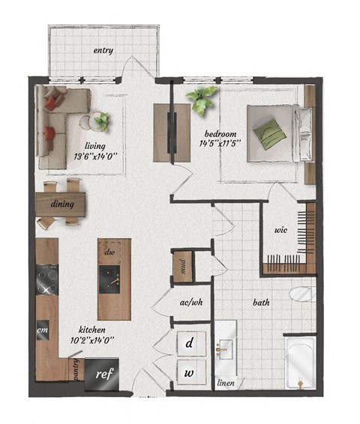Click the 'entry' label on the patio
click(x=103, y=51)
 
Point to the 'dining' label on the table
click(x=61, y=203)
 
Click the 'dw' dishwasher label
click(x=109, y=252)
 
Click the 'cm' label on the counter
click(x=42, y=327)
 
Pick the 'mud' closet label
click(x=184, y=265)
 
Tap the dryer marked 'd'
click(x=190, y=343)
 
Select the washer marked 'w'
click(x=190, y=371)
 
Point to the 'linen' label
click(x=226, y=384)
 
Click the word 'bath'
click(x=261, y=303)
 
